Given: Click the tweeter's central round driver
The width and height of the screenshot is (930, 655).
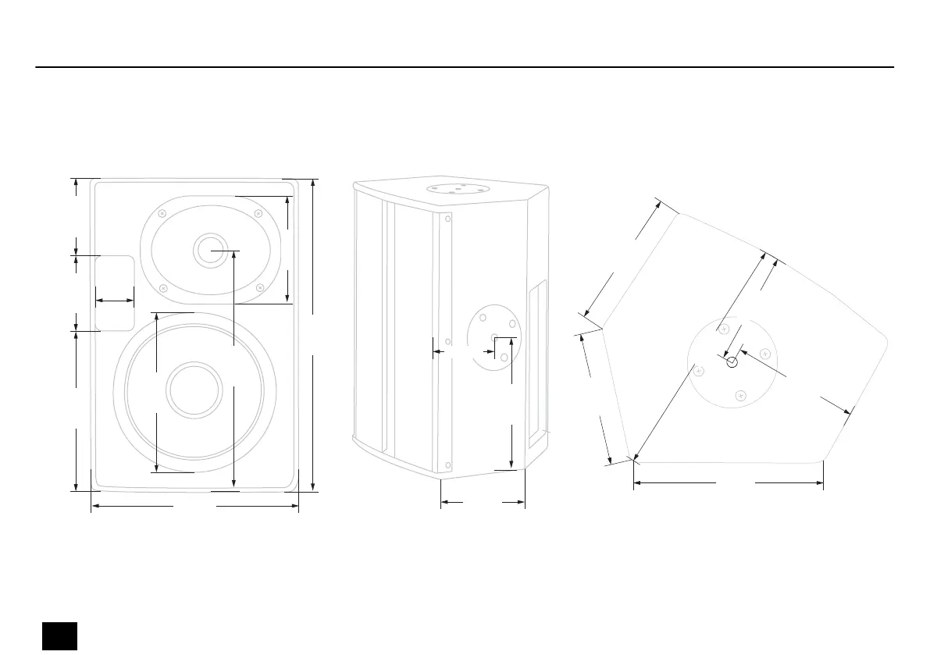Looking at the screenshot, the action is click(x=209, y=251).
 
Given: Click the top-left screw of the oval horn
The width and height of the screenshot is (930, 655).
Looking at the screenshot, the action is click(x=162, y=213).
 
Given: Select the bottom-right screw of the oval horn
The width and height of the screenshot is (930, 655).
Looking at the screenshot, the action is click(x=259, y=287).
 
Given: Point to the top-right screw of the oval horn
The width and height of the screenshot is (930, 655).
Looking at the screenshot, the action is click(x=258, y=212).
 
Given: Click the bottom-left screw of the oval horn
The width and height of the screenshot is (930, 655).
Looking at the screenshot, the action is click(x=163, y=288).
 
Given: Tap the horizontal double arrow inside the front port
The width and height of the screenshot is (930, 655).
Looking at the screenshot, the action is click(x=114, y=300).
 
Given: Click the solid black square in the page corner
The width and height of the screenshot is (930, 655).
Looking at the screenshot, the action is click(x=59, y=635).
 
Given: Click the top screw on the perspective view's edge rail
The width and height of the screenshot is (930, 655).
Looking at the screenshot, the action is click(x=447, y=219).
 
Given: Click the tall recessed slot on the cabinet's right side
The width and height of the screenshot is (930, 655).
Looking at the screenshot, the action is click(x=536, y=365).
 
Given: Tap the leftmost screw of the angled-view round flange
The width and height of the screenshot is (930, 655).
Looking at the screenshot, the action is click(x=699, y=370).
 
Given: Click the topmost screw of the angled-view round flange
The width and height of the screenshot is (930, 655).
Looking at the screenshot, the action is click(x=724, y=329).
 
